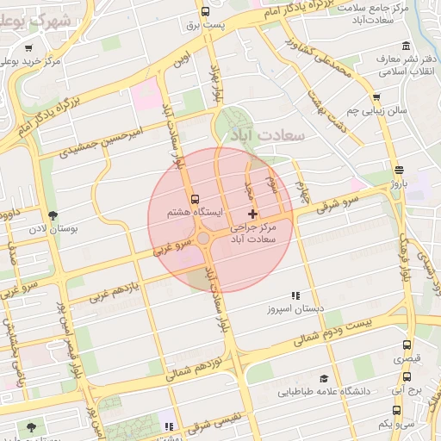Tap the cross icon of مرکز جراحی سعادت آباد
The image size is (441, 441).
click(x=252, y=213)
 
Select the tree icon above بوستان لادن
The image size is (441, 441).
click(x=53, y=214)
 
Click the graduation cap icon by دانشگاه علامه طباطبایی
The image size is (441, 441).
click(x=324, y=378)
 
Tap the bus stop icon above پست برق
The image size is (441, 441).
click(x=205, y=11)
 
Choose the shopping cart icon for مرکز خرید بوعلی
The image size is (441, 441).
click(x=30, y=48)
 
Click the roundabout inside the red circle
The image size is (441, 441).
click(x=205, y=239)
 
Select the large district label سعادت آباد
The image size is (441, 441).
click(x=264, y=136)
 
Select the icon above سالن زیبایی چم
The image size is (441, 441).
click(x=376, y=97)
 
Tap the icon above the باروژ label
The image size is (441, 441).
click(x=398, y=170)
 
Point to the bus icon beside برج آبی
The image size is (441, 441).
click(x=407, y=376)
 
